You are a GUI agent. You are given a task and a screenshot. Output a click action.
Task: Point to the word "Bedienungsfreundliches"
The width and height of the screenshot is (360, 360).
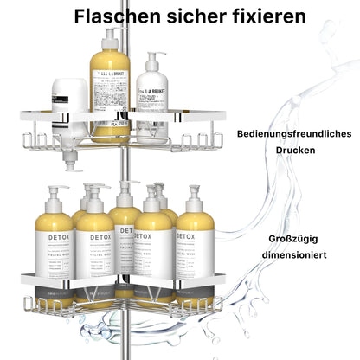pyautogui.click(x=292, y=134)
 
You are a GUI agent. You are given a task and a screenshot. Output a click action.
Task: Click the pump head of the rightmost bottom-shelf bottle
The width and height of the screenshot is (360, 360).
pyautogui.click(x=194, y=192)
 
